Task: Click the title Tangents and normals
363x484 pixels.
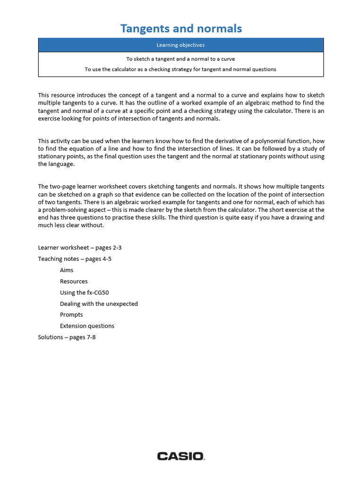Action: (181, 28)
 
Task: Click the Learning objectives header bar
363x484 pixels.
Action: (181, 45)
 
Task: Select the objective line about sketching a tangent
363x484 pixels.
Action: (181, 59)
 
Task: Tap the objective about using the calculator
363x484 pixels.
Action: (181, 69)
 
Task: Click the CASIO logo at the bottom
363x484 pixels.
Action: (181, 456)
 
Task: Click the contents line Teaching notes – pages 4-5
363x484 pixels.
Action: (75, 259)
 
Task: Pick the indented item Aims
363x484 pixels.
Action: (67, 270)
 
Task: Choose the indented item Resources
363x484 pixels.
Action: (74, 281)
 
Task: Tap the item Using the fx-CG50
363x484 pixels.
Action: (84, 293)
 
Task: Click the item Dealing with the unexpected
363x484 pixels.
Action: (99, 304)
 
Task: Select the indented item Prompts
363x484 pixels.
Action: (71, 315)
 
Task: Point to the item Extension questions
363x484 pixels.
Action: (87, 326)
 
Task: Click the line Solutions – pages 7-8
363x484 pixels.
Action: (67, 337)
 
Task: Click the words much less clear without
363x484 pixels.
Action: (70, 225)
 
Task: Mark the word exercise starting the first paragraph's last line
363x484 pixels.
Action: (49, 118)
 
